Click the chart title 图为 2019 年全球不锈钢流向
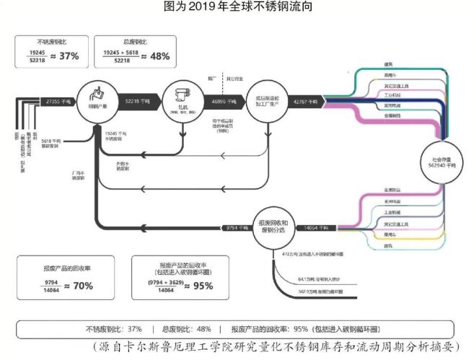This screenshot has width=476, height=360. (x=237, y=8)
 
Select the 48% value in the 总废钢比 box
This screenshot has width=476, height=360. (x=159, y=56)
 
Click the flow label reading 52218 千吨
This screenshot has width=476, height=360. (x=137, y=101)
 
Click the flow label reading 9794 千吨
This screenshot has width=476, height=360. (x=237, y=227)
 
